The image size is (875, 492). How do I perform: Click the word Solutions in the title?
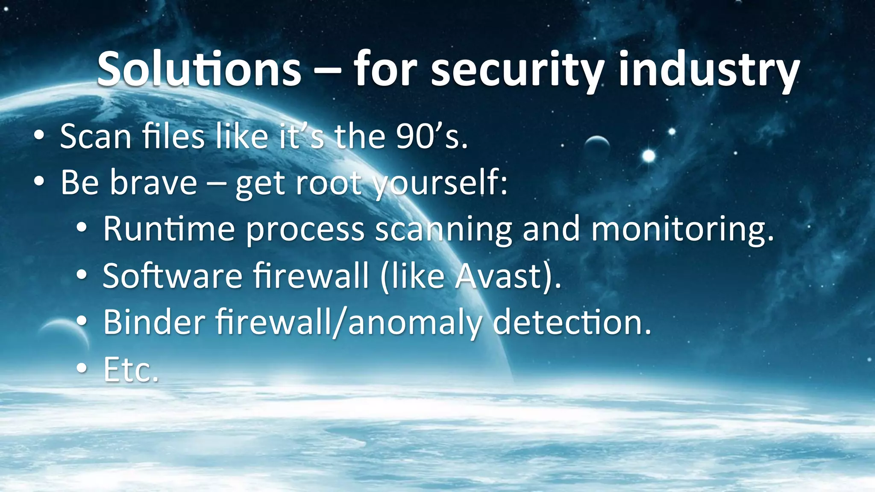point(199,69)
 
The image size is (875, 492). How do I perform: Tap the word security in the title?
point(517,69)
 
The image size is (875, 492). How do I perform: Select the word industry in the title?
point(709,69)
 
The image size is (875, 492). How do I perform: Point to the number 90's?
point(432,137)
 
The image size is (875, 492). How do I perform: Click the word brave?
point(153,183)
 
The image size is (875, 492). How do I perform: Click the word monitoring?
point(682,230)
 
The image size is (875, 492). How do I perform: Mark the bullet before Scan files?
point(39,136)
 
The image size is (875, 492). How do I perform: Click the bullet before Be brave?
point(39,182)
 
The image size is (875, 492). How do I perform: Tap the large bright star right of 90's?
point(649,156)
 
